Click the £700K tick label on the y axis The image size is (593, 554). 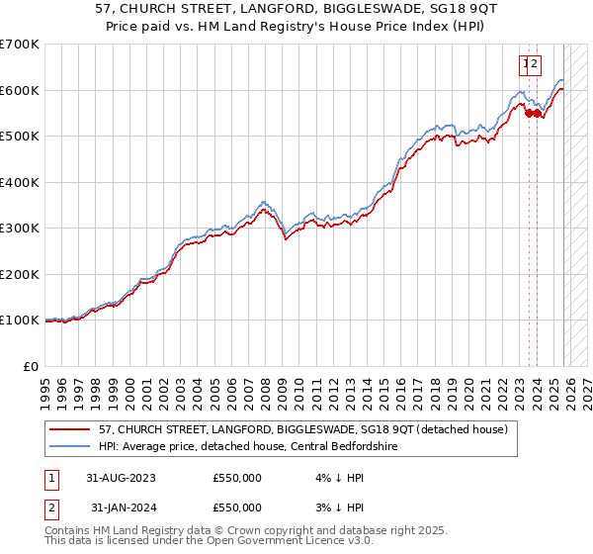click(x=19, y=45)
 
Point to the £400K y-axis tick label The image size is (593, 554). click(x=19, y=182)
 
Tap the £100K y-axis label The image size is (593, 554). click(x=19, y=321)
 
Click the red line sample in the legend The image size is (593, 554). click(x=70, y=429)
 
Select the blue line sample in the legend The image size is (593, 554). click(x=70, y=446)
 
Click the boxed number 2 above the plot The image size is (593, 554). click(x=535, y=65)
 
